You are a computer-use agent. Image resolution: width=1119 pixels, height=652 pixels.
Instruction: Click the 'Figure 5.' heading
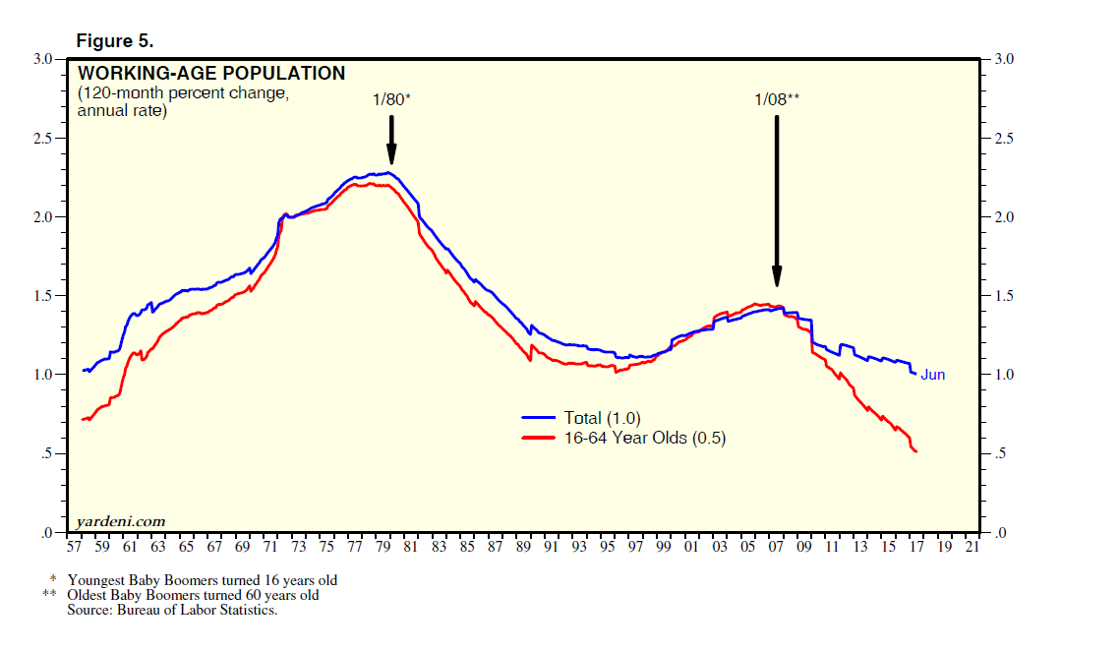click(x=114, y=41)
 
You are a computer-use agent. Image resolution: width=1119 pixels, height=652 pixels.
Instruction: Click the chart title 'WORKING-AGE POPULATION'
click(x=211, y=74)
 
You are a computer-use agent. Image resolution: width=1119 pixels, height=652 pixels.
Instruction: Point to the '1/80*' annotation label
click(x=391, y=99)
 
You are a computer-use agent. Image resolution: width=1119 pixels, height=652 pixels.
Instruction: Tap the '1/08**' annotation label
click(x=776, y=99)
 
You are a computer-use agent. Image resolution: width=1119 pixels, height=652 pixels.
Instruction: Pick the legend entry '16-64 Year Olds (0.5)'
click(x=644, y=439)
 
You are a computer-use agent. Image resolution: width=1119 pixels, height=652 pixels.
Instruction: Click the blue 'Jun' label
click(x=932, y=375)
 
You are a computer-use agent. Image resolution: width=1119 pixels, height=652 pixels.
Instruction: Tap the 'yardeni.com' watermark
click(x=121, y=521)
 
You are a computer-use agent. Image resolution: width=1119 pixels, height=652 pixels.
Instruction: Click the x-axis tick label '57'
click(x=74, y=547)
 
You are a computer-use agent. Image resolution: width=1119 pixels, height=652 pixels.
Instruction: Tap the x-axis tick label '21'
click(x=973, y=547)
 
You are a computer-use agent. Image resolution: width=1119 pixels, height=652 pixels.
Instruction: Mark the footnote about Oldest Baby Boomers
click(x=192, y=595)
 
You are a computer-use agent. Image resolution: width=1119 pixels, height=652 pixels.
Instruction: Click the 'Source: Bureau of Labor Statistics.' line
click(x=173, y=610)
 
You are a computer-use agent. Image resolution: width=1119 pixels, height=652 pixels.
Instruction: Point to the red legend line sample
click(x=539, y=439)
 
